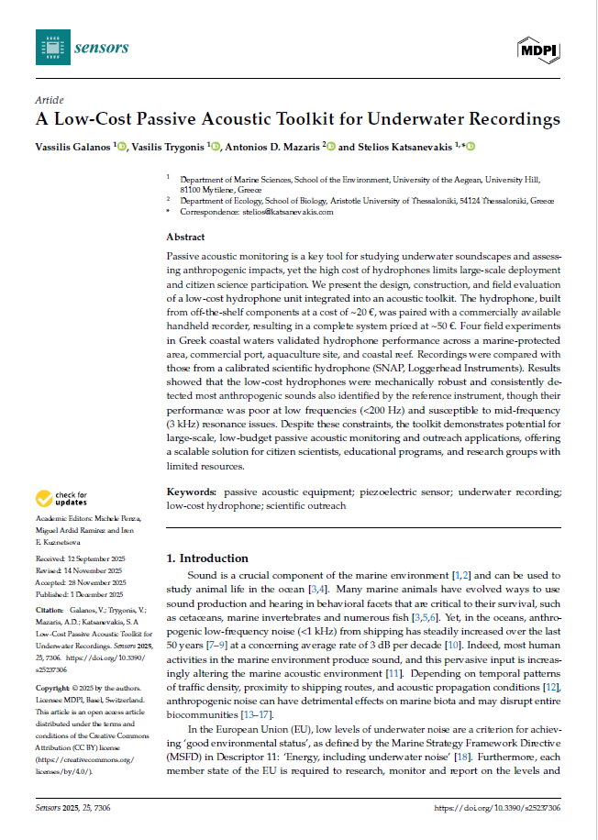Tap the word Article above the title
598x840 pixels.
pos(49,100)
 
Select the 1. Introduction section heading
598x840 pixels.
pos(205,558)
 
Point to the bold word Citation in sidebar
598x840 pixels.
pos(49,610)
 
